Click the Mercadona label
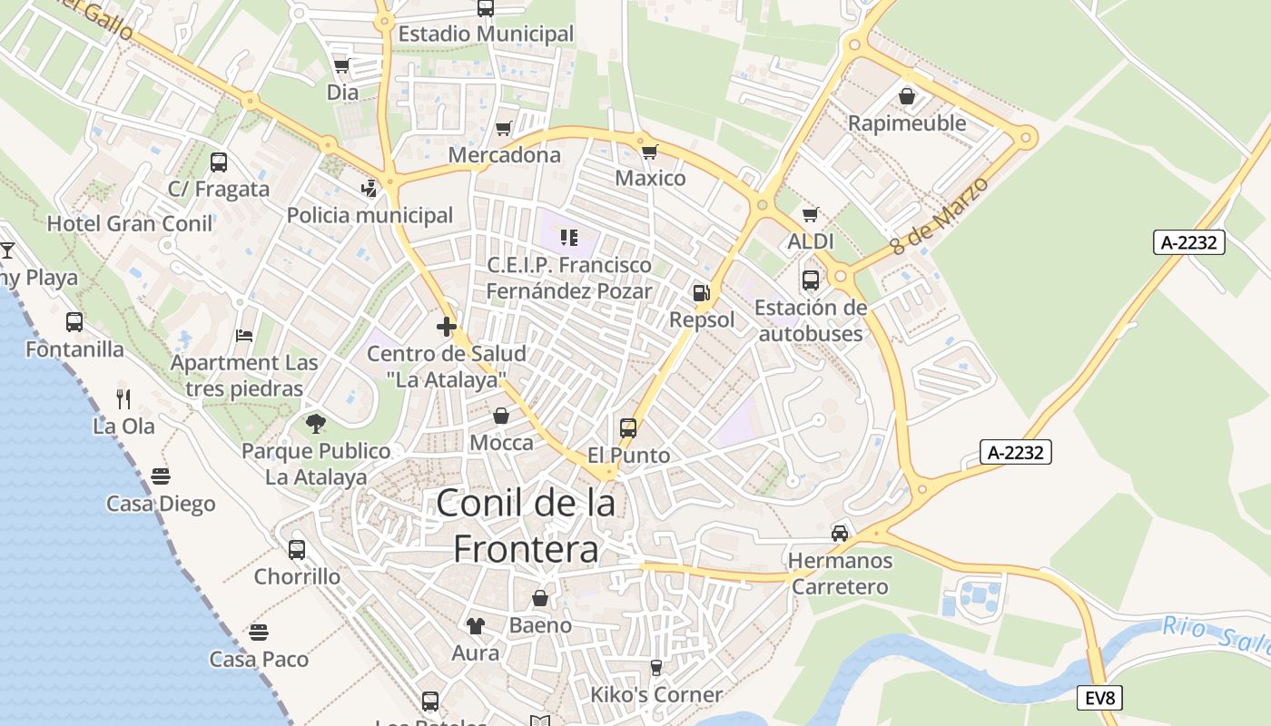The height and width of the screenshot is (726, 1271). [505, 155]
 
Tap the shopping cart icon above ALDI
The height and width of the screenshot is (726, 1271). [811, 214]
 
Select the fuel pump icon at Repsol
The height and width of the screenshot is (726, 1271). [701, 292]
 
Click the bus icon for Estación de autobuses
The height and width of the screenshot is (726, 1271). [811, 280]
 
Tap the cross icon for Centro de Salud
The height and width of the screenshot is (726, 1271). [446, 327]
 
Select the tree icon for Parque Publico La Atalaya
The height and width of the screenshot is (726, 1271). [316, 423]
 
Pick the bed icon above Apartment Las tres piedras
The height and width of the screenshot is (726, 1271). [244, 335]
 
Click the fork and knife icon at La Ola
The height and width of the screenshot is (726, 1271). [123, 398]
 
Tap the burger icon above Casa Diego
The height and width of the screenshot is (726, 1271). [161, 476]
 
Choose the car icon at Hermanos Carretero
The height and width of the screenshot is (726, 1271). [840, 533]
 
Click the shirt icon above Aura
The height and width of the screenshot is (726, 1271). [476, 625]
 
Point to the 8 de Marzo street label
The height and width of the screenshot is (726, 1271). [939, 215]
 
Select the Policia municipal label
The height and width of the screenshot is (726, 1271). [369, 215]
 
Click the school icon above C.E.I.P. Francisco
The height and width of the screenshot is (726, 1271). [569, 238]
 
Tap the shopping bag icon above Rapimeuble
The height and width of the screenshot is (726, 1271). [906, 95]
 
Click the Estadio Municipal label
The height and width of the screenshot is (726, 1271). [487, 34]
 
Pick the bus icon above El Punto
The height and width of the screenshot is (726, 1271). [628, 427]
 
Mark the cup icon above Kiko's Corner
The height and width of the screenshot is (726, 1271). [656, 668]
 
